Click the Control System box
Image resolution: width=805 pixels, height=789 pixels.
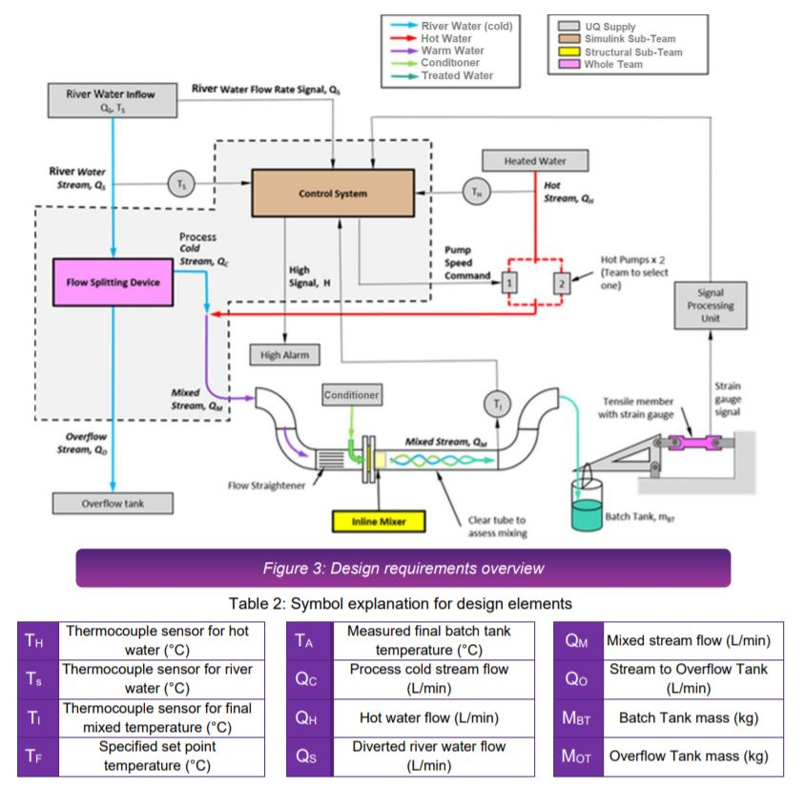tap(332, 194)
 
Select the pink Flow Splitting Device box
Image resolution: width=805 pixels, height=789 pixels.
tap(113, 281)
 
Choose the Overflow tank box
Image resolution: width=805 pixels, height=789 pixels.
tap(113, 502)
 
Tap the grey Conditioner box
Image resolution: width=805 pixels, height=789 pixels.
tap(351, 395)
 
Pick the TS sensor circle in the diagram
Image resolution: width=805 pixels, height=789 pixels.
tap(180, 183)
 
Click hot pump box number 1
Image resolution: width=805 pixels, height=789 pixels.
tap(510, 282)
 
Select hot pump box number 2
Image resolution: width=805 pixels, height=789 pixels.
tap(562, 282)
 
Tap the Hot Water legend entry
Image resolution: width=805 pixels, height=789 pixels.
tap(448, 39)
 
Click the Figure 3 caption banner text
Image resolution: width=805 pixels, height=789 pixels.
tap(402, 569)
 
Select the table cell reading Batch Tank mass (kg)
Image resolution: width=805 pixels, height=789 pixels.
tap(688, 715)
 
